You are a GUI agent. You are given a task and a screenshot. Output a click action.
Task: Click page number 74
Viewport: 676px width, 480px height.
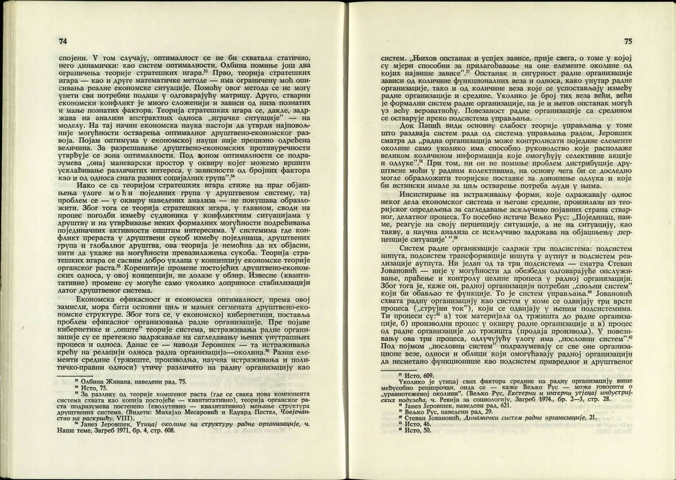point(63,41)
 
